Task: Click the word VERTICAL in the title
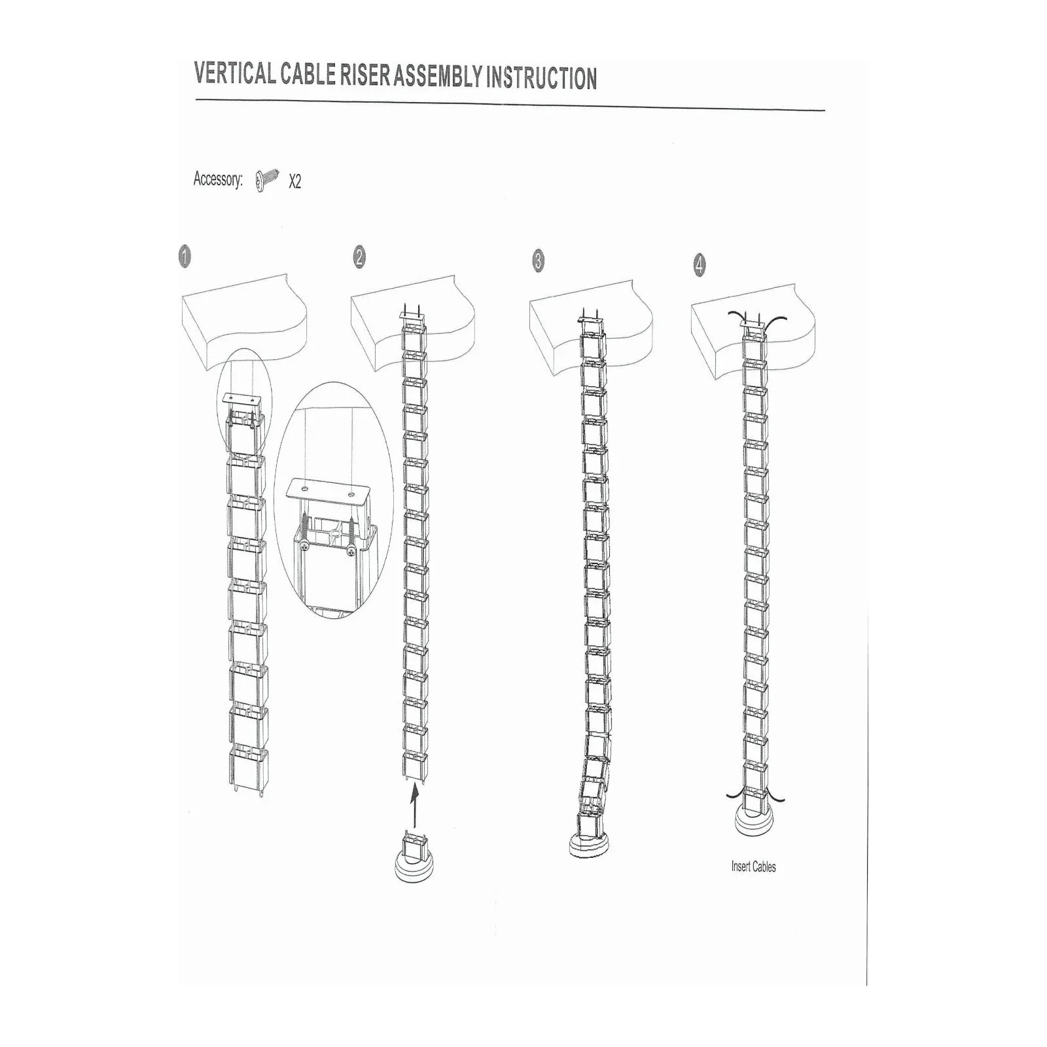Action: [x=235, y=73]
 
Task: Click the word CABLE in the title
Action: [x=308, y=75]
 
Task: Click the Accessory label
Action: [x=218, y=179]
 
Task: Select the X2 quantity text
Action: [x=295, y=181]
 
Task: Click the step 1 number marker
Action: [x=185, y=257]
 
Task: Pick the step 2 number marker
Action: [x=359, y=257]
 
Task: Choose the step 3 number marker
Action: [x=538, y=261]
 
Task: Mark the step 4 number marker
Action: [x=700, y=265]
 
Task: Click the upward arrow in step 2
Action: [x=414, y=807]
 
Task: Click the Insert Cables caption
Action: [x=753, y=867]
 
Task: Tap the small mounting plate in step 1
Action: [x=242, y=399]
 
